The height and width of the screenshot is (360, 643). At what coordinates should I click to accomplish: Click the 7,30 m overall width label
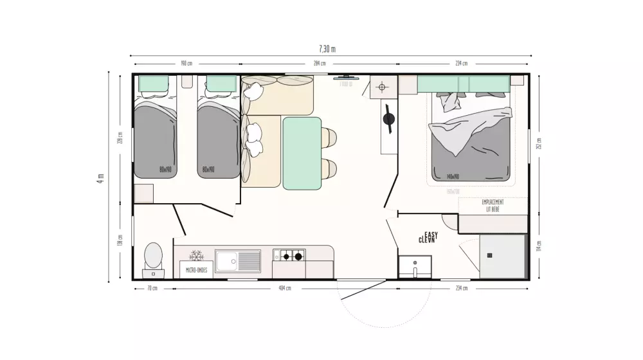pyautogui.click(x=327, y=50)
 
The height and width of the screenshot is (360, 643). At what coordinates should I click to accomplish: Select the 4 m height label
pyautogui.click(x=100, y=178)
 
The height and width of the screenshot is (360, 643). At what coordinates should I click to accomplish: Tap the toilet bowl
pyautogui.click(x=153, y=256)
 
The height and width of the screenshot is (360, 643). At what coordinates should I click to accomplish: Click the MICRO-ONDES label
pyautogui.click(x=196, y=270)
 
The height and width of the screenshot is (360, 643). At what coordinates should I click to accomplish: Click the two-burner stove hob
pyautogui.click(x=289, y=256)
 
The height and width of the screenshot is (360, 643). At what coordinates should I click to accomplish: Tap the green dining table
pyautogui.click(x=302, y=153)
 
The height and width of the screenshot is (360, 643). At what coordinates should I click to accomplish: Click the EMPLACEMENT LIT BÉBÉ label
pyautogui.click(x=493, y=206)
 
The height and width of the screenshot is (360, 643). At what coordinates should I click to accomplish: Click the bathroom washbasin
pyautogui.click(x=415, y=265)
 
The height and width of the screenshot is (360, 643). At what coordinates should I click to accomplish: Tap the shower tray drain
pyautogui.click(x=489, y=255)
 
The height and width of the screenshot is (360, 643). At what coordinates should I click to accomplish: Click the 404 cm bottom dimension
pyautogui.click(x=284, y=288)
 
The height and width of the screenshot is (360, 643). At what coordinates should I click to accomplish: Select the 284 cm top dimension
pyautogui.click(x=319, y=64)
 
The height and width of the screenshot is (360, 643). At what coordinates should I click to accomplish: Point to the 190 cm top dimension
pyautogui.click(x=186, y=64)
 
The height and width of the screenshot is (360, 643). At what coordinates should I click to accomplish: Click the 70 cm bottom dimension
pyautogui.click(x=152, y=288)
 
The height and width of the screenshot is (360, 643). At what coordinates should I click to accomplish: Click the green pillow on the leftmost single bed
pyautogui.click(x=154, y=84)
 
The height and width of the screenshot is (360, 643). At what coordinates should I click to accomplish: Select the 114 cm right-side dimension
pyautogui.click(x=539, y=248)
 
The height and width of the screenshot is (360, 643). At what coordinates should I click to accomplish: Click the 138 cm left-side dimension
pyautogui.click(x=120, y=240)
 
